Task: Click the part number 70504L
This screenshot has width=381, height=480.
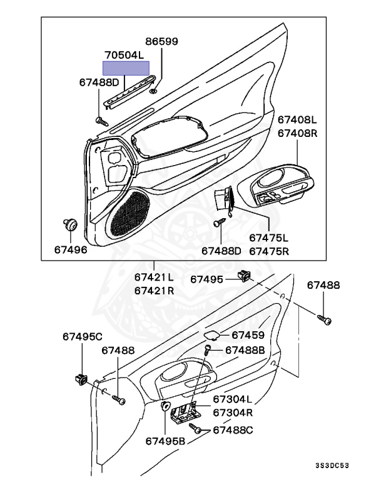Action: click(x=124, y=55)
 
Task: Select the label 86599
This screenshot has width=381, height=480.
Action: click(x=161, y=42)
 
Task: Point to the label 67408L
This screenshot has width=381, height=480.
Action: click(x=298, y=119)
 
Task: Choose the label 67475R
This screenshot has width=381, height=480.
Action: click(x=268, y=251)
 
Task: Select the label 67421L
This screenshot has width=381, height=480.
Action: click(x=154, y=277)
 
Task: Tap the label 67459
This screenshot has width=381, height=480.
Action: click(x=248, y=335)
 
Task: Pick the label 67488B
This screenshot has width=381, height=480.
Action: click(x=245, y=350)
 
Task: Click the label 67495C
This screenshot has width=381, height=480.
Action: click(x=82, y=337)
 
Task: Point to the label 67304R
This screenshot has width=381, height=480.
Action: click(x=232, y=412)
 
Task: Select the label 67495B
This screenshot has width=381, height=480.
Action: click(x=166, y=441)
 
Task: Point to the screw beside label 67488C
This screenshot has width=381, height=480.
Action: click(x=197, y=431)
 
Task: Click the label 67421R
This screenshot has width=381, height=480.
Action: click(x=154, y=291)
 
